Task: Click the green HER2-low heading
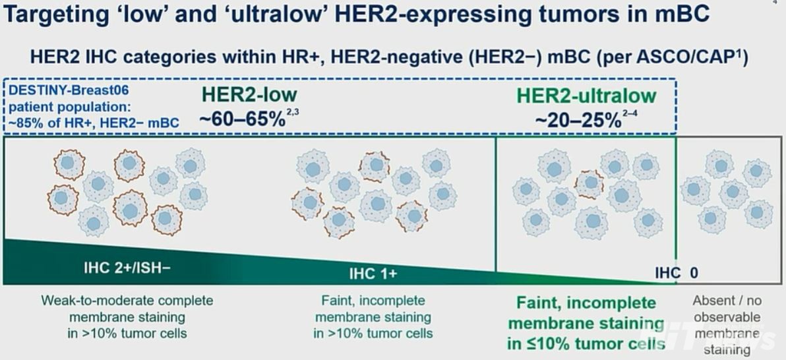click(x=249, y=94)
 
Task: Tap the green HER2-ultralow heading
click(x=586, y=95)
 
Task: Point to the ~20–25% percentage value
click(x=578, y=121)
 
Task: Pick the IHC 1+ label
click(x=373, y=274)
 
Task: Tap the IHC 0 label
click(x=677, y=273)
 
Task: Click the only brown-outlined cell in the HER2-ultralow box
click(x=589, y=184)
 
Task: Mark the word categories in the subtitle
click(x=170, y=57)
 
